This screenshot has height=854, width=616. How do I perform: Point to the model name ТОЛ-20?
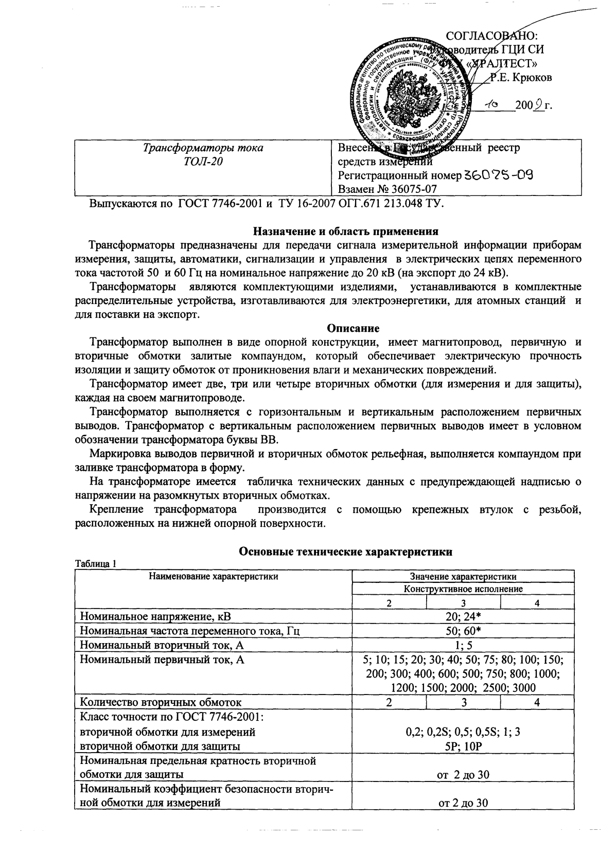click(x=203, y=162)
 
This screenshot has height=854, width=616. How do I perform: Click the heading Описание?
click(x=353, y=328)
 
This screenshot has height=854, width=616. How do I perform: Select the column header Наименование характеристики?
click(x=213, y=576)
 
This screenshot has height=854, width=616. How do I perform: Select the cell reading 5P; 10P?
click(x=463, y=745)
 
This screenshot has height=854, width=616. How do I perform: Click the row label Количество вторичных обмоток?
click(x=160, y=702)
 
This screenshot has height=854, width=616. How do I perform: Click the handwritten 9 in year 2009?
click(x=538, y=106)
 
